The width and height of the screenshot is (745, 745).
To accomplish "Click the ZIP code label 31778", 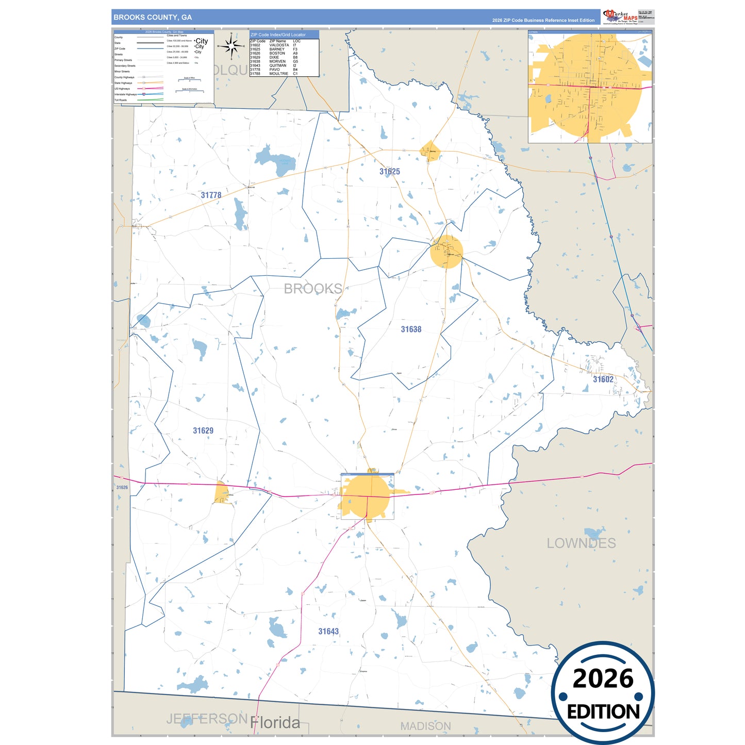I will point(211,195).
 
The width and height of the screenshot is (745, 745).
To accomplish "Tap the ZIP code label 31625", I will point(389,172).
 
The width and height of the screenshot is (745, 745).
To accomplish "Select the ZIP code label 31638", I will point(411,329).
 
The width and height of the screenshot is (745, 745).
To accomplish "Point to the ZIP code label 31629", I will point(203,431).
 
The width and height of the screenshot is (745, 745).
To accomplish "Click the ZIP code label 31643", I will point(328,632).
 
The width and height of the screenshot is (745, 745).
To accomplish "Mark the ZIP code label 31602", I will point(603,379).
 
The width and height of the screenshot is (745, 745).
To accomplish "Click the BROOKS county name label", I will point(313,289).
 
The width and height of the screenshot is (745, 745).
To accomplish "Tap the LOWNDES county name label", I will point(581,543).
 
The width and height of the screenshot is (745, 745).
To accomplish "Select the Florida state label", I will point(275,723).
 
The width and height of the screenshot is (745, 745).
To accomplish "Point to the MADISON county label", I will point(425,726).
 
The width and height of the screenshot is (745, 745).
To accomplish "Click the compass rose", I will point(231,46).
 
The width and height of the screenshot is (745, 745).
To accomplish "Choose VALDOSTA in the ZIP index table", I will point(279,45).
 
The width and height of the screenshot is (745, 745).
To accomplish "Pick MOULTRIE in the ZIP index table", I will point(278,74).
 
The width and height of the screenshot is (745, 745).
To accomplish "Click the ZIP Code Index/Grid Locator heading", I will point(278,35).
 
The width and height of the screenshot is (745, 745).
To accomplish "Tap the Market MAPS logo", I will point(620,16).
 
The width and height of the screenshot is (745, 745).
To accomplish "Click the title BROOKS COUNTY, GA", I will point(153,18).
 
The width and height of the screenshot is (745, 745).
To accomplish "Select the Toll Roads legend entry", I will point(121,100).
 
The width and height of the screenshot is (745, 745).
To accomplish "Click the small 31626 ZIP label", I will point(122,488).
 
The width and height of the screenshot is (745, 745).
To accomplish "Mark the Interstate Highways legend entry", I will point(126,94).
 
